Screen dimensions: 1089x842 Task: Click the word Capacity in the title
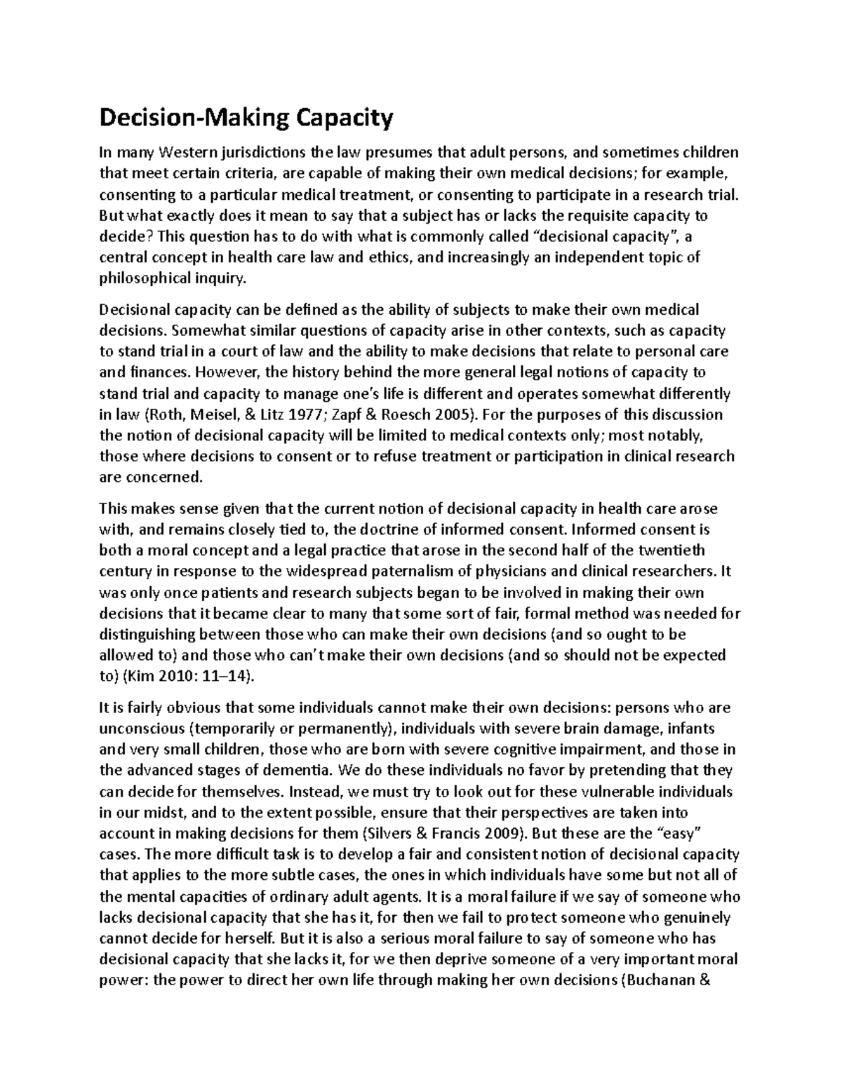[x=345, y=119]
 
